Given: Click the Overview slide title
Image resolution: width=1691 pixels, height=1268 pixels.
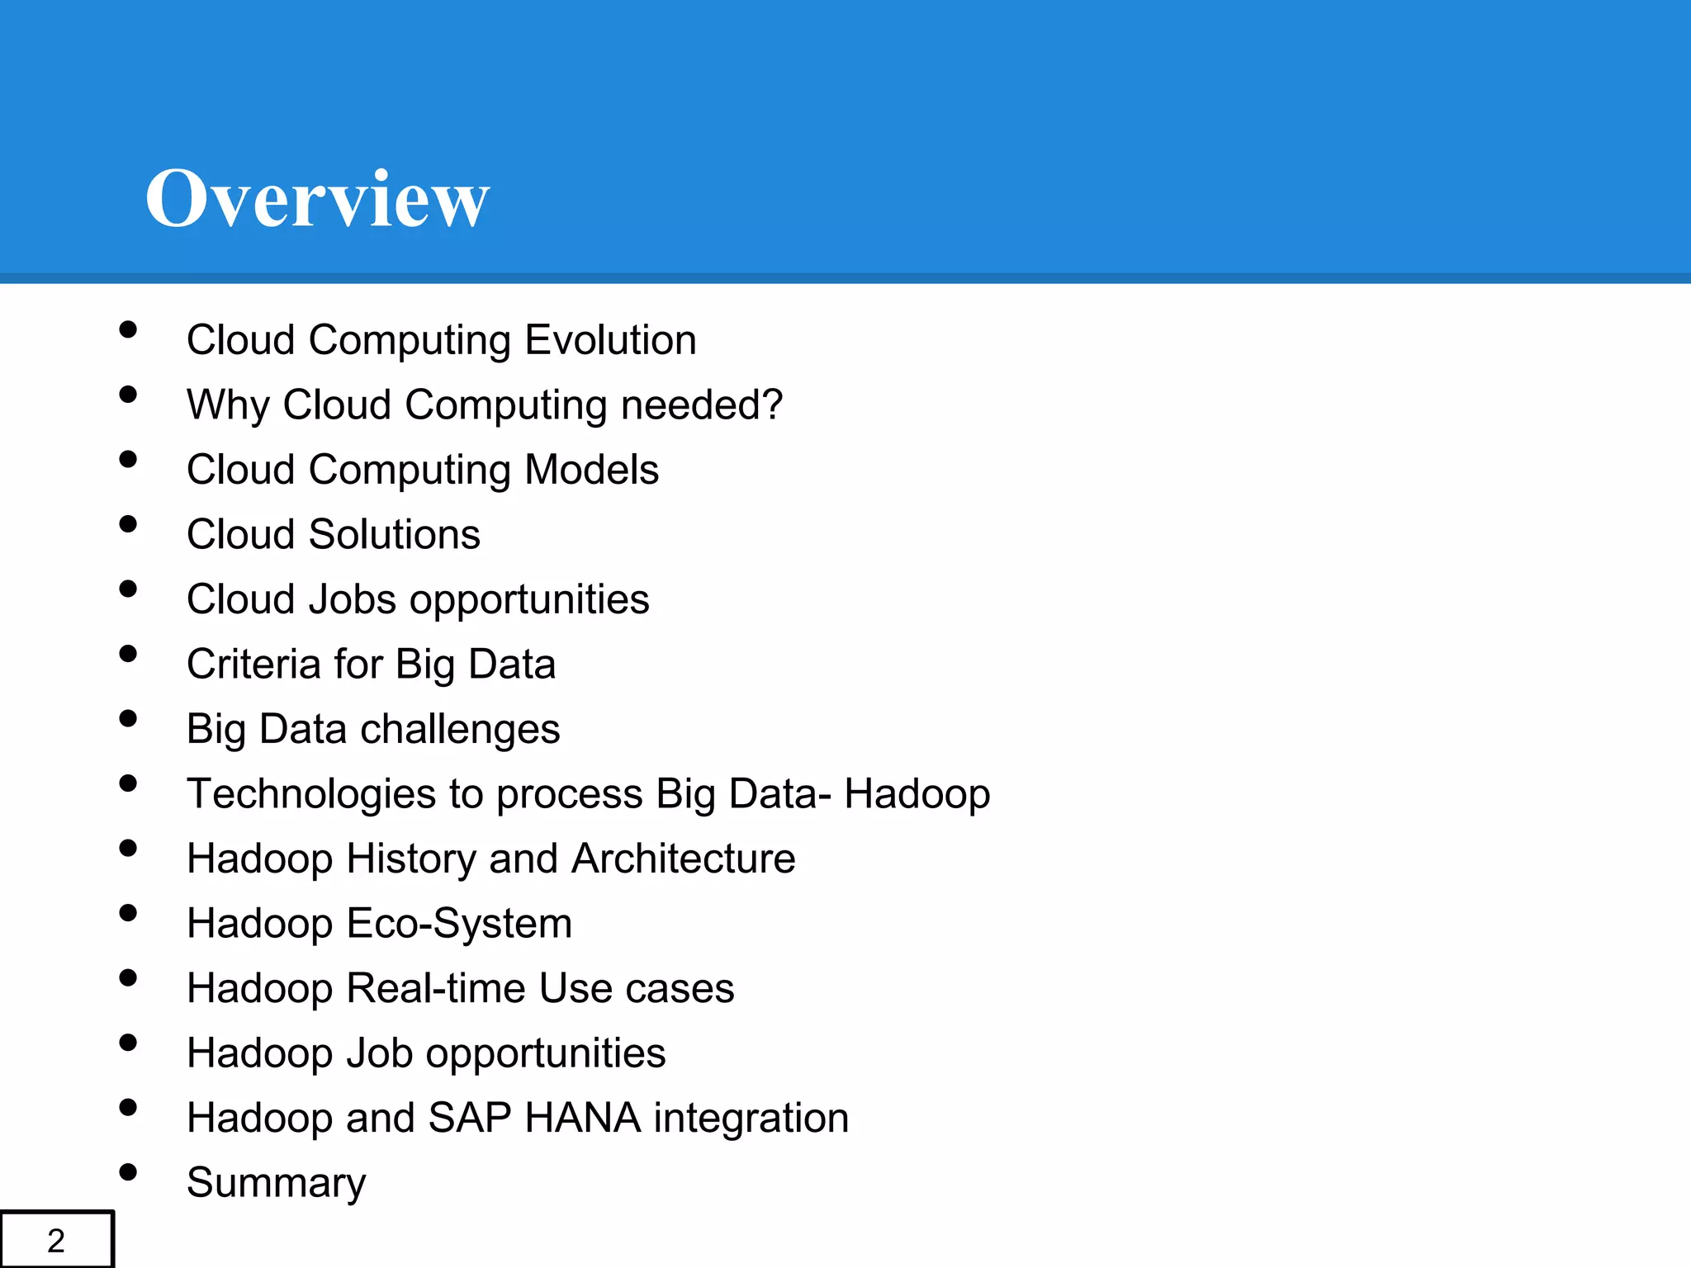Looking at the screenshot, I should coord(317,198).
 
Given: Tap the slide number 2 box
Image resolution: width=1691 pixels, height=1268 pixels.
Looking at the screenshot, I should coord(56,1240).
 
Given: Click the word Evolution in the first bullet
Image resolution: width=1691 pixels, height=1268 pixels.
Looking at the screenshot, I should coord(610,340).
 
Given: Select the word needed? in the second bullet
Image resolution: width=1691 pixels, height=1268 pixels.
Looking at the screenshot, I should coord(701,405).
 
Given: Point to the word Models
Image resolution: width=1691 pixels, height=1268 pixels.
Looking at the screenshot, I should coord(591,470).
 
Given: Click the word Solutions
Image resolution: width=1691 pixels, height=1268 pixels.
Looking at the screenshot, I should coord(394,534).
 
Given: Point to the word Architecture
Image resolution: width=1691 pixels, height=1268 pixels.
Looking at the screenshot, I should coord(683,859).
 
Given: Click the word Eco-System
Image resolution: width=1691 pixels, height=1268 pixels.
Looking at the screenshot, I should coord(459,923).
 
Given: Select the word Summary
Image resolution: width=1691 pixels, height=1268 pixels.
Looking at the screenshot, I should coord(276,1183).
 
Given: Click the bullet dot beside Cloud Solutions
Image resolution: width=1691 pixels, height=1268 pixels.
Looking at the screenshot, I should coord(128,524).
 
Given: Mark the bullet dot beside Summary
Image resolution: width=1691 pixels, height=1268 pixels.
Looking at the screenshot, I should coord(128,1172).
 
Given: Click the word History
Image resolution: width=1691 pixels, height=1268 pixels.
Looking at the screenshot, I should coord(411,859).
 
